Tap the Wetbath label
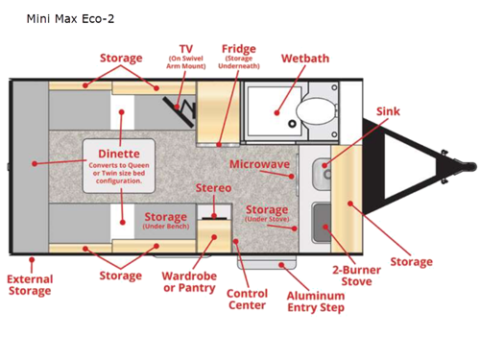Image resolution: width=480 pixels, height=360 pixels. click(304, 59)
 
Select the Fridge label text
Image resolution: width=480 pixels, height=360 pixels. click(238, 49)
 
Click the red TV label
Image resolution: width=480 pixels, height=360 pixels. click(186, 48)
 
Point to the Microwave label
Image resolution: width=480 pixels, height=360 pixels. click(259, 165)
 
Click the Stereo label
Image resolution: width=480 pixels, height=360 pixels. click(214, 188)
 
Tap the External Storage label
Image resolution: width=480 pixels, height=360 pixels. click(30, 285)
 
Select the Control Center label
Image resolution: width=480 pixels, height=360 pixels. click(246, 300)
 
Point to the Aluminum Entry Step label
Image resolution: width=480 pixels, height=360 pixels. click(316, 301)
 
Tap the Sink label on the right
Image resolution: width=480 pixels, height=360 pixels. click(389, 111)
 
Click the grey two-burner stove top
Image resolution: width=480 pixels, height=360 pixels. click(324, 219)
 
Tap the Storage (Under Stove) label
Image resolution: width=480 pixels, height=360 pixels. click(267, 214)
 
